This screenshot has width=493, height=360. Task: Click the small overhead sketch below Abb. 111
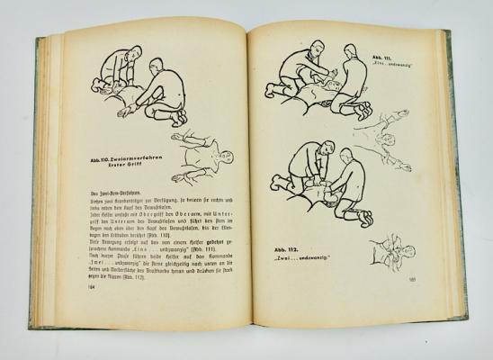[371, 130]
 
